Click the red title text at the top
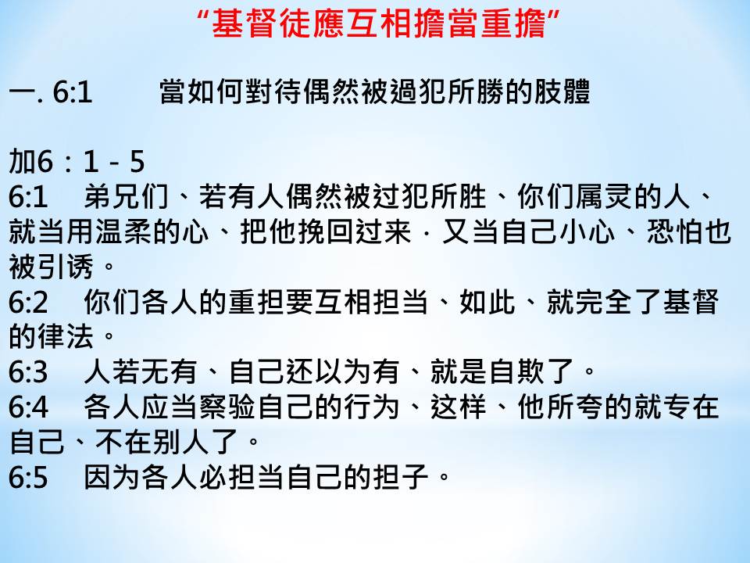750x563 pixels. tap(378, 23)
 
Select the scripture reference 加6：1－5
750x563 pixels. tap(77, 161)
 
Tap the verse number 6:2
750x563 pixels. tap(28, 303)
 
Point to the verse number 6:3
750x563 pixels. tap(28, 372)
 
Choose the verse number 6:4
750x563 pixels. tap(28, 407)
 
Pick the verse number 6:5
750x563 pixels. tap(28, 477)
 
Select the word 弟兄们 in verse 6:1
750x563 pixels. tap(127, 197)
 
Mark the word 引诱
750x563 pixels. tap(66, 267)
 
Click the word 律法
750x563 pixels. tap(66, 336)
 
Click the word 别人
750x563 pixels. tap(181, 442)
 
